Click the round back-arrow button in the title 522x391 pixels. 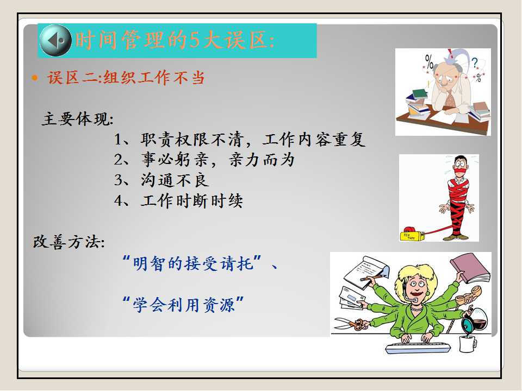click(55, 40)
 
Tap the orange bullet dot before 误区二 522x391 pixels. click(35, 78)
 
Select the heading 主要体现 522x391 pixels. click(78, 119)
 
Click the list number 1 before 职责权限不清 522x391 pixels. click(118, 140)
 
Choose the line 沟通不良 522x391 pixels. click(175, 180)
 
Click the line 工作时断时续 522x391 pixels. click(192, 201)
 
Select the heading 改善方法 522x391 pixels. click(69, 242)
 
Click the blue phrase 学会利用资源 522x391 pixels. click(184, 305)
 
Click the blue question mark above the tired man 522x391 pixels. click(475, 62)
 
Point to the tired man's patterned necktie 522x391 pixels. click(450, 99)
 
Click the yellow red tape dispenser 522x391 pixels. click(412, 234)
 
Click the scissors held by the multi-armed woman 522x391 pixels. click(349, 324)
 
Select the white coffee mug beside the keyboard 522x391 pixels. click(468, 344)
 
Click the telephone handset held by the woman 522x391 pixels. click(469, 295)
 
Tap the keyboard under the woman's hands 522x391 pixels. click(418, 348)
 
